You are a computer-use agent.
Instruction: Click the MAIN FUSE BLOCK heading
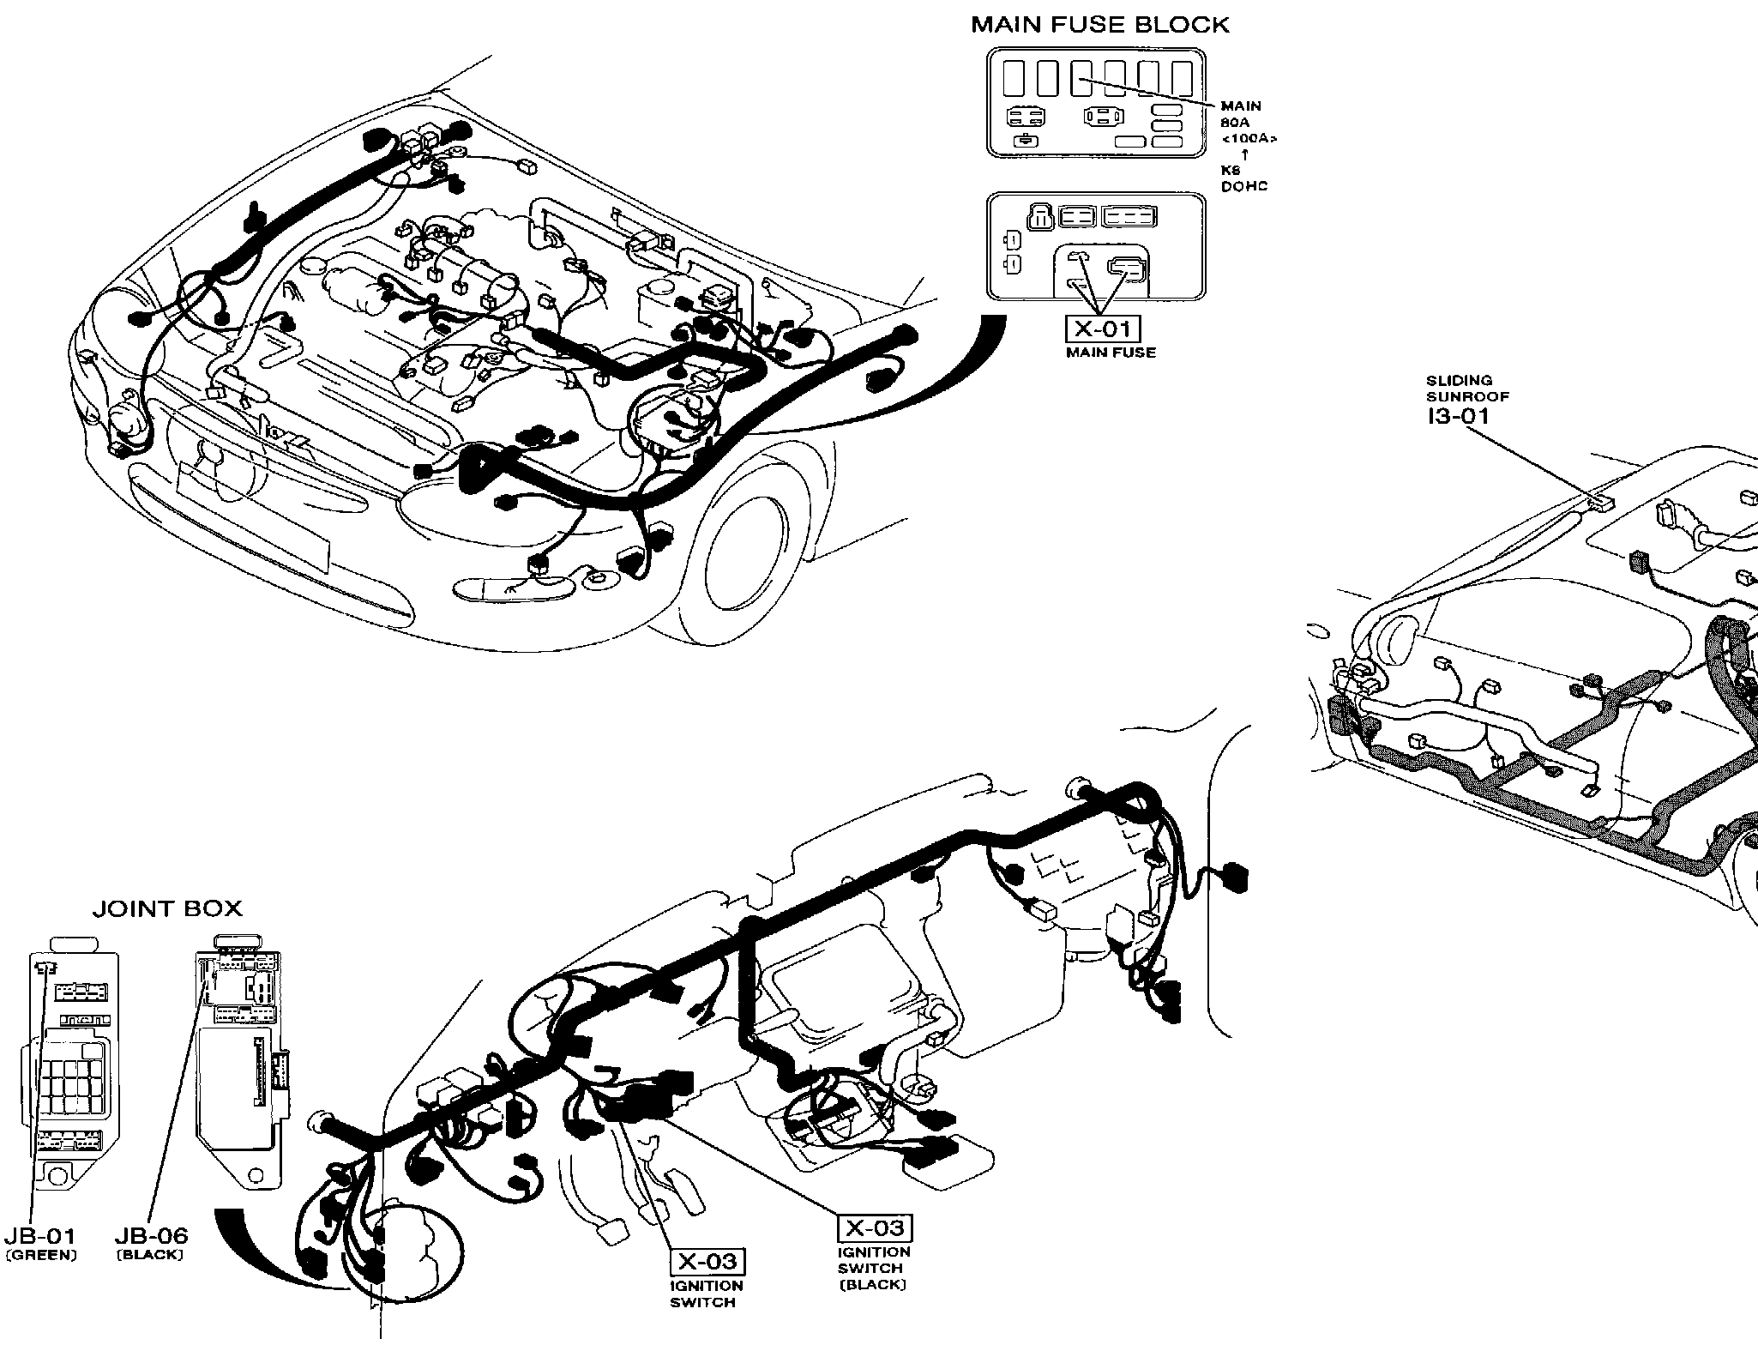(1099, 25)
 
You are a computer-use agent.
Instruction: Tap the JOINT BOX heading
(167, 908)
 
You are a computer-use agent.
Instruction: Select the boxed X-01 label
(1103, 329)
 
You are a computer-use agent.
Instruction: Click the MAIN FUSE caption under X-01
(1111, 353)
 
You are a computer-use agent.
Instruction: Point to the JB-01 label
(39, 1236)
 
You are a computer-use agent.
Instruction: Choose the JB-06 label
(151, 1236)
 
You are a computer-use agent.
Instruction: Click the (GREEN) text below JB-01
(40, 1255)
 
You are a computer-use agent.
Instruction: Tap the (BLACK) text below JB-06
(150, 1255)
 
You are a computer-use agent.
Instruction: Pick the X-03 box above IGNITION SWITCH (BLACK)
(874, 1228)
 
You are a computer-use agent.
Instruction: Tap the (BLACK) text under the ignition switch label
(873, 1284)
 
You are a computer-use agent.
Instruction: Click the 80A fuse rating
(1235, 123)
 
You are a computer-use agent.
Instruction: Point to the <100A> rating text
(1249, 138)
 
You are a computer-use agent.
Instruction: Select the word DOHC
(1243, 186)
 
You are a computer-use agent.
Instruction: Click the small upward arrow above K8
(1244, 154)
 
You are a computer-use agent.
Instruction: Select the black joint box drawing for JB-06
(240, 1064)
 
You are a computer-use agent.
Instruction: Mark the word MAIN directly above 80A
(1241, 106)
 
